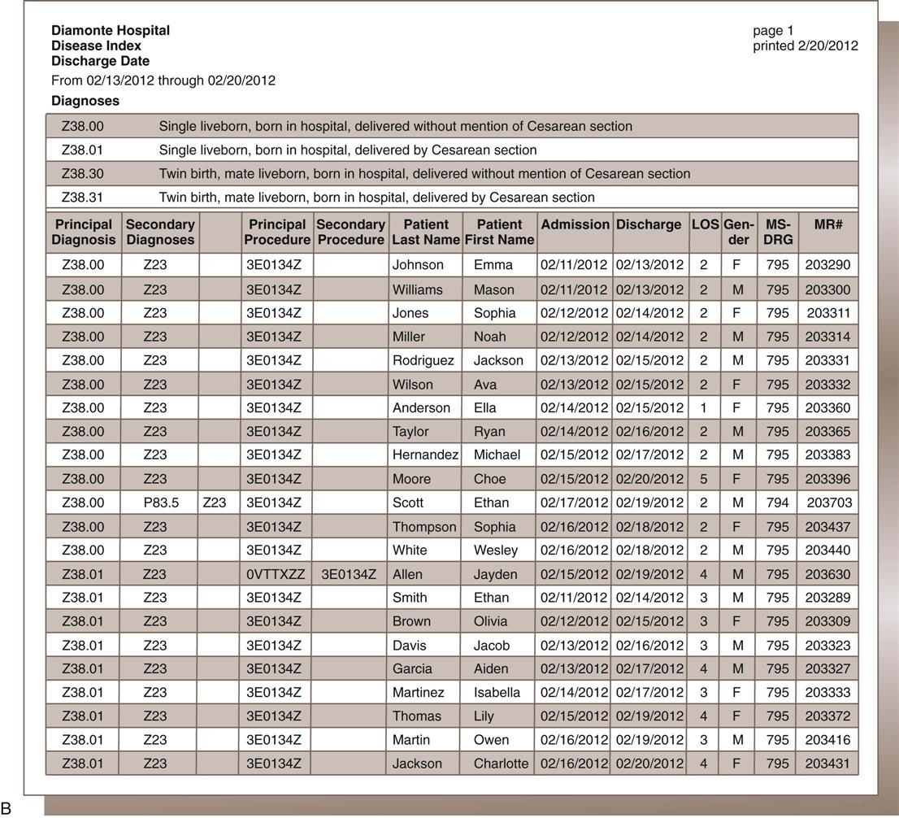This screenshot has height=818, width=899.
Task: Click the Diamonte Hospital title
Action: [x=111, y=30]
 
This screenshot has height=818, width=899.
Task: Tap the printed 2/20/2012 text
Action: [x=805, y=46]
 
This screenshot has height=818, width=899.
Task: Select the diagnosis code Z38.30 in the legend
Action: [x=83, y=173]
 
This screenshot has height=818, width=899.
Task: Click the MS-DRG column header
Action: [x=778, y=232]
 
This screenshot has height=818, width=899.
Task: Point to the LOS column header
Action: [x=705, y=224]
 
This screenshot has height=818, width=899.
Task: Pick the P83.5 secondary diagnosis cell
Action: [x=161, y=503]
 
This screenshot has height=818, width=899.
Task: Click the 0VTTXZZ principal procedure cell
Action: [x=276, y=574]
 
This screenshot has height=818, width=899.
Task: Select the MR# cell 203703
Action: [x=828, y=503]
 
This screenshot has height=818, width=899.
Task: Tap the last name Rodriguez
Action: [x=423, y=360]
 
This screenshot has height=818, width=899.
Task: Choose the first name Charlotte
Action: [x=501, y=764]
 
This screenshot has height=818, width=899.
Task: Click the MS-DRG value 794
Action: [x=778, y=503]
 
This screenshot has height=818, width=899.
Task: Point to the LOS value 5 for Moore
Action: [x=704, y=479]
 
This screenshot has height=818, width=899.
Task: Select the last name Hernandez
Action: [x=425, y=455]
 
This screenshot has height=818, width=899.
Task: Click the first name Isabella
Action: [x=497, y=693]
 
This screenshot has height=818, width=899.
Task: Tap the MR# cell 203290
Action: [x=827, y=264]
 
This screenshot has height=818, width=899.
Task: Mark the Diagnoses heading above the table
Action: [x=85, y=101]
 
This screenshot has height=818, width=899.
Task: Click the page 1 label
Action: [x=773, y=31]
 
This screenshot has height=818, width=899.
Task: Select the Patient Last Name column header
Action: [x=425, y=232]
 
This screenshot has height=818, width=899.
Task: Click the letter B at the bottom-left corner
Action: [x=7, y=807]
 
